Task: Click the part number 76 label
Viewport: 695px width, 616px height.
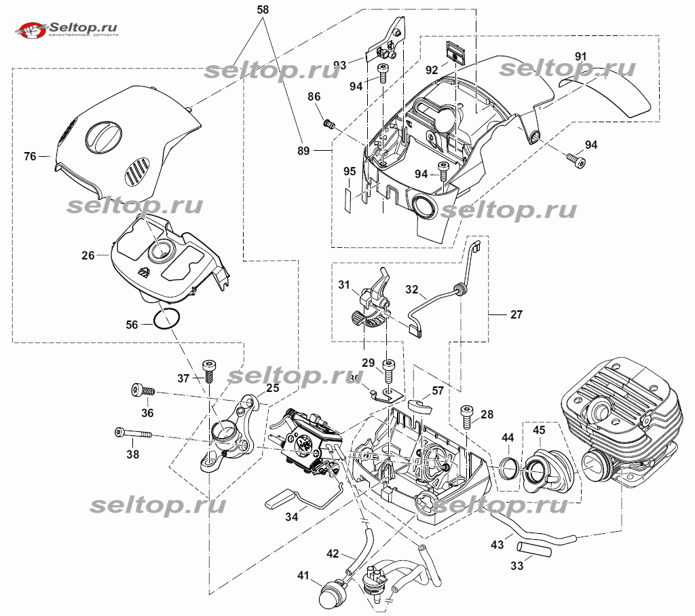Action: [x=29, y=157]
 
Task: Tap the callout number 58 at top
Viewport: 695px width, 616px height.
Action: [x=263, y=10]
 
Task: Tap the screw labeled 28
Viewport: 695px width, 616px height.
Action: [x=468, y=416]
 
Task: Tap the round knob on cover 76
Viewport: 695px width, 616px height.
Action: [x=102, y=139]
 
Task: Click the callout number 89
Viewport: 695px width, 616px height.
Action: [x=303, y=151]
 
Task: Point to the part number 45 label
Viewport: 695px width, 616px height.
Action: [x=538, y=429]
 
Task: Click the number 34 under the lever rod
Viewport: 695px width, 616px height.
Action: [x=291, y=518]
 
